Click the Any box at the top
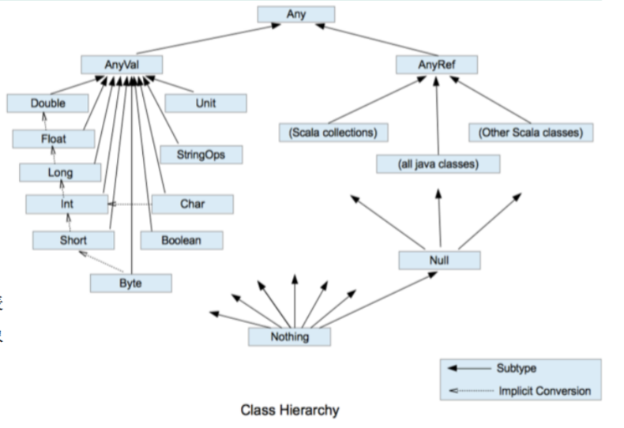(296, 15)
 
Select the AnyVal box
(122, 65)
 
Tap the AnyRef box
(436, 65)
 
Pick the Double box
(48, 103)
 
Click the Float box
(54, 139)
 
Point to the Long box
(59, 172)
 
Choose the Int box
(66, 205)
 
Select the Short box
(73, 240)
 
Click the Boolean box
(182, 240)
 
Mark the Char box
(192, 205)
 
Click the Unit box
(205, 103)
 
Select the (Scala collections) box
(328, 133)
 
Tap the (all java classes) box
(438, 164)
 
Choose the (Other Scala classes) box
(531, 133)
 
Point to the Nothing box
(290, 337)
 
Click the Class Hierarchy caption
(290, 410)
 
